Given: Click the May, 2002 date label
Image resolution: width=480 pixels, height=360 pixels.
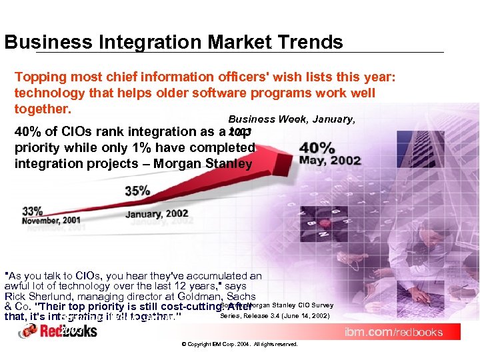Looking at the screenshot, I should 329,161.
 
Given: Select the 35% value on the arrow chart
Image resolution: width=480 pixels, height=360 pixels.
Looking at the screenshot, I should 137,191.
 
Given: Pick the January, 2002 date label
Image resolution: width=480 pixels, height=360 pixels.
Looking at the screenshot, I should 157,214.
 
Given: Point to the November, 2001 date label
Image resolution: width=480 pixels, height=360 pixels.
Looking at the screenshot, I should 53,221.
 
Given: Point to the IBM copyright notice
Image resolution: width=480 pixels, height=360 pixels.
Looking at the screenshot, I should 239,344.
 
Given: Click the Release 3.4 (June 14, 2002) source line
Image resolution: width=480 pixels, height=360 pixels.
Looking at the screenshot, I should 274,315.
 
